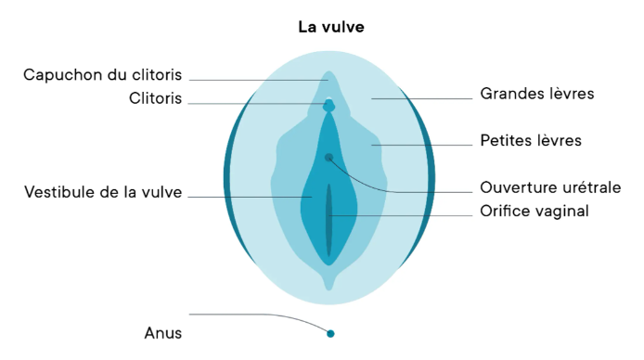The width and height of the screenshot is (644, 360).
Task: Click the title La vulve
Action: [x=331, y=27]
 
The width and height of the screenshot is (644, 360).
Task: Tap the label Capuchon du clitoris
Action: [x=102, y=75]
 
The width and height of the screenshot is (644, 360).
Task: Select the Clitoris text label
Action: [x=155, y=98]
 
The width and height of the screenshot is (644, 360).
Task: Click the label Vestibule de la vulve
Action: [x=103, y=192]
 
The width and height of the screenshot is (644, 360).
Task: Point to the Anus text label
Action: [x=163, y=333]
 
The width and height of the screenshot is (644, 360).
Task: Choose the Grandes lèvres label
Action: [x=537, y=94]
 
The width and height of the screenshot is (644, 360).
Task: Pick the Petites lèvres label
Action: [x=531, y=140]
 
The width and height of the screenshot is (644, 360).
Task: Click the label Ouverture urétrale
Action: [x=550, y=187]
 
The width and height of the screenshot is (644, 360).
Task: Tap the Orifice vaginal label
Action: [x=535, y=211]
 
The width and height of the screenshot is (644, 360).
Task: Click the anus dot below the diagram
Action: [x=330, y=334]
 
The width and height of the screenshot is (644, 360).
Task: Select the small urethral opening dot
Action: [x=328, y=157]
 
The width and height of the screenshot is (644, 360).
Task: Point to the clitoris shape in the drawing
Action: [x=329, y=106]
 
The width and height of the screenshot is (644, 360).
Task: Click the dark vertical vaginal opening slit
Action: [x=329, y=220]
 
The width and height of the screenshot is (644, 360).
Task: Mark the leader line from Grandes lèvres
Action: [x=422, y=98]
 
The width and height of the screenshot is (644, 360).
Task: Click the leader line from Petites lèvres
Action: [x=422, y=145]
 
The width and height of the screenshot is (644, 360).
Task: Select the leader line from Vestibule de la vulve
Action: [x=250, y=197]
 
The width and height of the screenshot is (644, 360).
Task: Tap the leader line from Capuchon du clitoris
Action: [x=258, y=80]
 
